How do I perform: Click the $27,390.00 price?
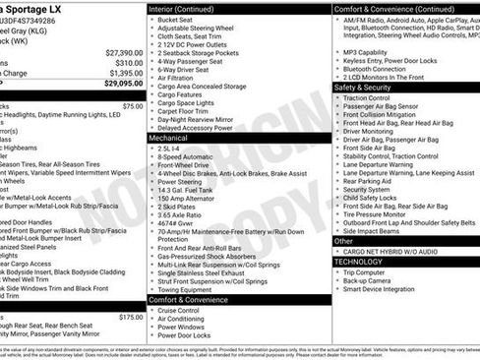pos(124,52)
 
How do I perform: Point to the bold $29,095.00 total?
pos(123,85)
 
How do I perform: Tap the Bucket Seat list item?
pos(175,19)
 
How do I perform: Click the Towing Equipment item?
pos(187,290)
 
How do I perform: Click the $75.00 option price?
pos(133,105)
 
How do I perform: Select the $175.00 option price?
pos(131,317)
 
